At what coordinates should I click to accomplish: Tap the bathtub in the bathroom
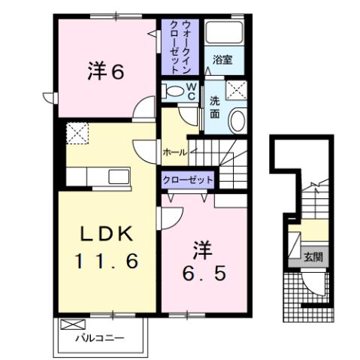pyautogui.click(x=224, y=35)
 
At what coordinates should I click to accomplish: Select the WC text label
pyautogui.click(x=191, y=92)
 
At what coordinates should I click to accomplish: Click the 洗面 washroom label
pyautogui.click(x=215, y=107)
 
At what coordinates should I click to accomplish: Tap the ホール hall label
pyautogui.click(x=174, y=151)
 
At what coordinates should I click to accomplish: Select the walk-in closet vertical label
pyautogui.click(x=180, y=46)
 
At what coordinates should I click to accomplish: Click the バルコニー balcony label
pyautogui.click(x=99, y=340)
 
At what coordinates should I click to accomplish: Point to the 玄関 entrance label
pyautogui.click(x=313, y=256)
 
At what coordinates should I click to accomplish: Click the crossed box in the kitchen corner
pyautogui.click(x=77, y=134)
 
